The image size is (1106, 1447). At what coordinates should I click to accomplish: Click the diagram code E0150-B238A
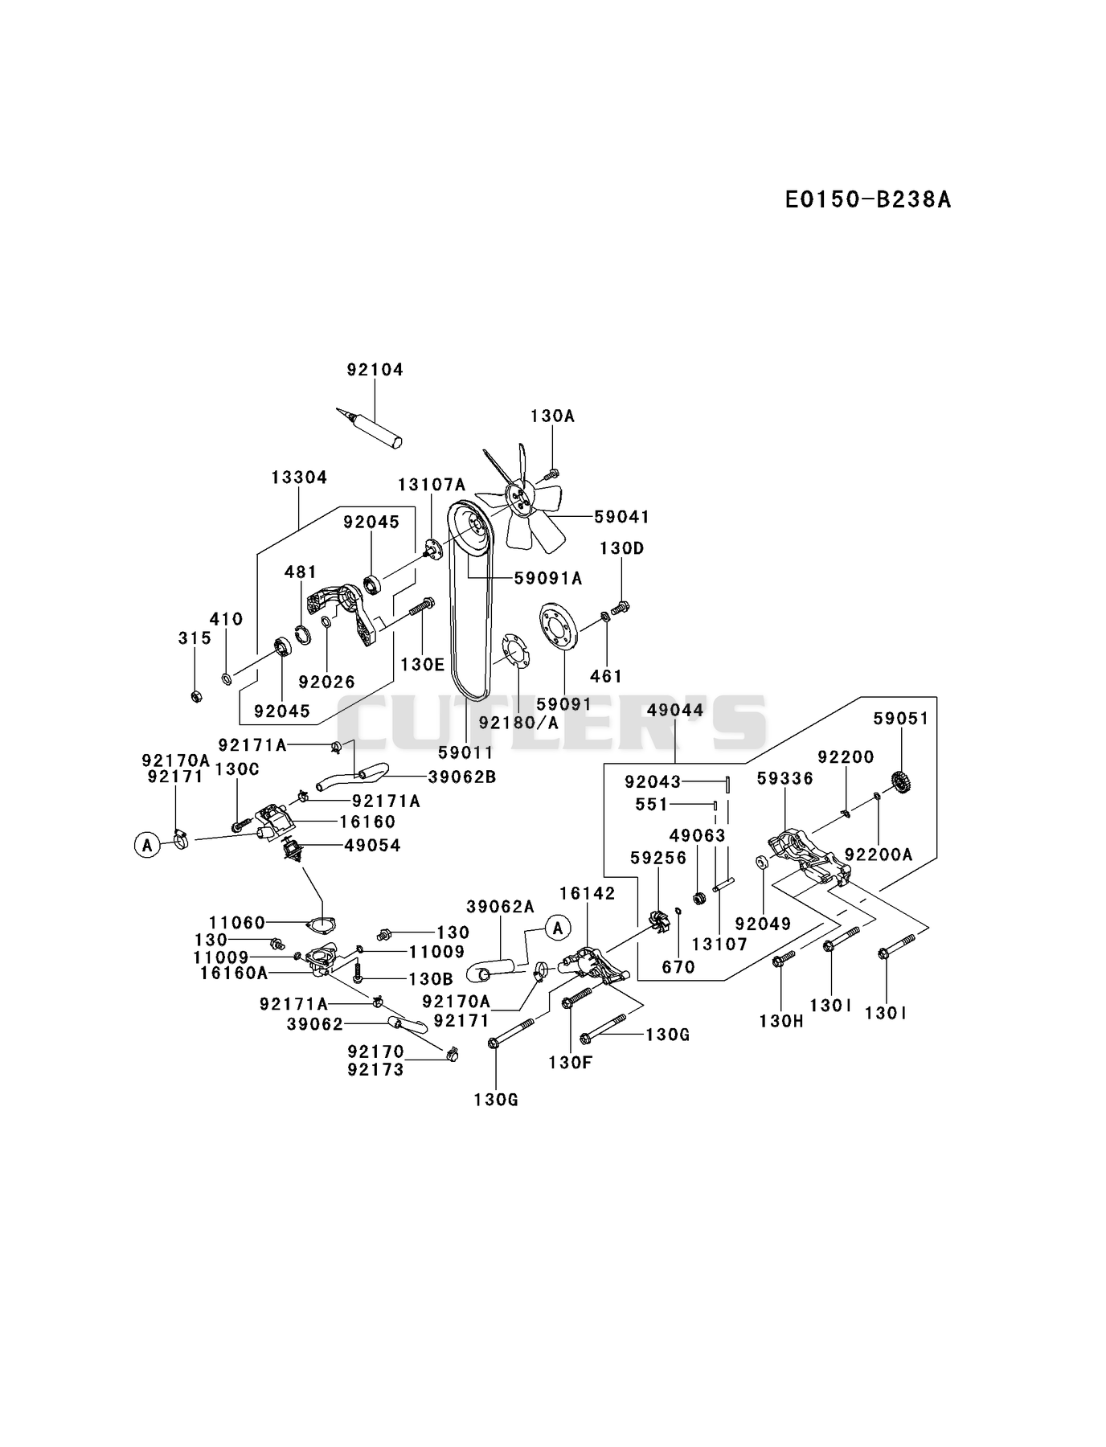coord(868,199)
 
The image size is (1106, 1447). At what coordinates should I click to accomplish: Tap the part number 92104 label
coord(375,370)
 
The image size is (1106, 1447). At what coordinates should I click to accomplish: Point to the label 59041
coord(621,516)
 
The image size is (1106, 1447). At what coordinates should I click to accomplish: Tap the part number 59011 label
coord(466,752)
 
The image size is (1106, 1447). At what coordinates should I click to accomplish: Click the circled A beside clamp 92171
coord(147,845)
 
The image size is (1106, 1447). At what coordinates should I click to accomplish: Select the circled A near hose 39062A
coord(558,928)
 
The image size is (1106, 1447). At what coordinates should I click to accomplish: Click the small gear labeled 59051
coord(900,781)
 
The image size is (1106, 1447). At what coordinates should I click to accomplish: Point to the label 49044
coord(675,710)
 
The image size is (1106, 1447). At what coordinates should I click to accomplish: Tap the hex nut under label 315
coord(195,695)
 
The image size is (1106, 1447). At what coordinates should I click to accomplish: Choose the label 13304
coord(299,478)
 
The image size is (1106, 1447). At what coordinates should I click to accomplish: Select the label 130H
coord(781,1022)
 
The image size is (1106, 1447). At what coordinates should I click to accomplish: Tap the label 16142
coord(588,893)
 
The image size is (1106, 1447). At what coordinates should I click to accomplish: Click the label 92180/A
coord(518,723)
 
